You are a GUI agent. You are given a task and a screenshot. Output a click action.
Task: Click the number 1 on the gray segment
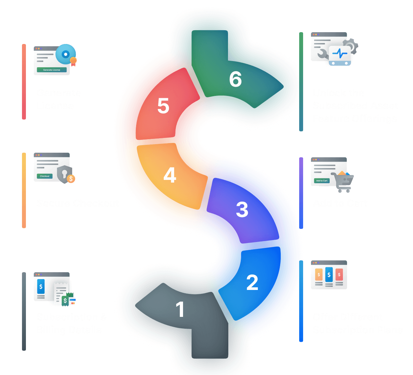180,309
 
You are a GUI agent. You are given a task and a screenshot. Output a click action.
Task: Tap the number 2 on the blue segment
252,282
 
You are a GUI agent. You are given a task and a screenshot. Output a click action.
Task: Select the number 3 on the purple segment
242,210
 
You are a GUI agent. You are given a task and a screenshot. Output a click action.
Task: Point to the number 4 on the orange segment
170,175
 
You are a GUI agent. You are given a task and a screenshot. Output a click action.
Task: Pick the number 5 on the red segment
163,106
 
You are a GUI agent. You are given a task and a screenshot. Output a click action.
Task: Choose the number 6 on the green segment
236,79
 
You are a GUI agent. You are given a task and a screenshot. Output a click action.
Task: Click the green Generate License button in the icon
52,70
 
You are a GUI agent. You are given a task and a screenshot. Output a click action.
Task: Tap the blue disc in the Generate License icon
65,54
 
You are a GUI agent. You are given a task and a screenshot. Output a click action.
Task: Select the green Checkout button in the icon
45,176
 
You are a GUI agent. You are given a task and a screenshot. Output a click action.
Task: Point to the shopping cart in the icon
343,182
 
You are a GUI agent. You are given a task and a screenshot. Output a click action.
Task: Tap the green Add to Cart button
321,181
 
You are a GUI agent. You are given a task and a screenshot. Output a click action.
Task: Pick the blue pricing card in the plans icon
329,275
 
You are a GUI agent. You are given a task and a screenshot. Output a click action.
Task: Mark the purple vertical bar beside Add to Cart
301,193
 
